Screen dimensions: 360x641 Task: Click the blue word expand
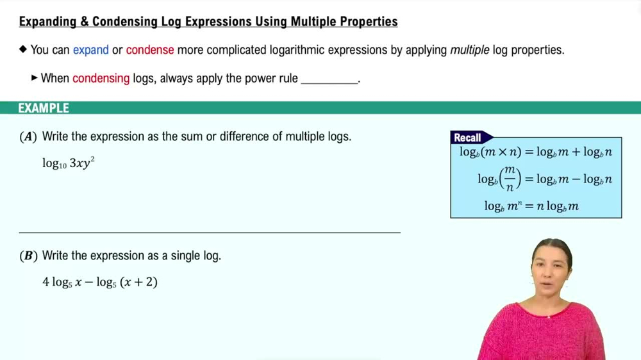pyautogui.click(x=90, y=50)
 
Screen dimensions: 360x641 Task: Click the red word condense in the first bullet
pyautogui.click(x=150, y=50)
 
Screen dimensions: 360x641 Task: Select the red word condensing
pyautogui.click(x=101, y=78)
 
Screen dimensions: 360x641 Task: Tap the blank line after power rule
pyautogui.click(x=329, y=79)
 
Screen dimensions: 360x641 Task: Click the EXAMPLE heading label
pyautogui.click(x=44, y=108)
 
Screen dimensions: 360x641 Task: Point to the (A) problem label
pyautogui.click(x=28, y=136)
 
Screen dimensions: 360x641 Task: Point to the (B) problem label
pyautogui.click(x=28, y=256)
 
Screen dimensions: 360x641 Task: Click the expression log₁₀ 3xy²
pyautogui.click(x=69, y=163)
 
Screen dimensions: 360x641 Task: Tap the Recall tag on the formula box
pyautogui.click(x=468, y=138)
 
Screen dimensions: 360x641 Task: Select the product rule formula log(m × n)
pyautogui.click(x=535, y=152)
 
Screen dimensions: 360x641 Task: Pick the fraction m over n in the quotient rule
pyautogui.click(x=510, y=179)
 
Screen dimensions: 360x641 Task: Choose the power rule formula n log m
pyautogui.click(x=531, y=206)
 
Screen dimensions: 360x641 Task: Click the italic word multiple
pyautogui.click(x=469, y=50)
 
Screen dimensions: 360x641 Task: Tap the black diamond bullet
pyautogui.click(x=24, y=49)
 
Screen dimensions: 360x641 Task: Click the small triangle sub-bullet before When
pyautogui.click(x=35, y=78)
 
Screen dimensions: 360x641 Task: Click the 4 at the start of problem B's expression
pyautogui.click(x=46, y=282)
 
